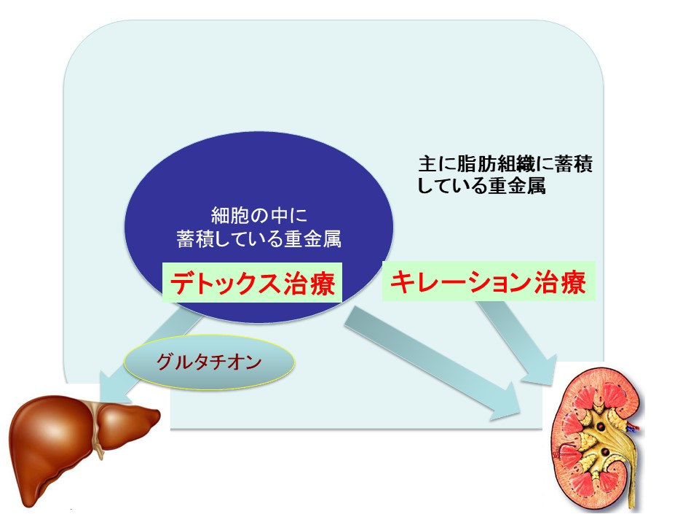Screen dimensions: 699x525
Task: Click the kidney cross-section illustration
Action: coord(597,439)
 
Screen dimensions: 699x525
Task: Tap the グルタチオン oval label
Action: coord(209,362)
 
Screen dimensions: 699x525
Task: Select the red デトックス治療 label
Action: coord(253,283)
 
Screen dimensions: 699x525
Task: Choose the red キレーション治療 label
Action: coord(489,281)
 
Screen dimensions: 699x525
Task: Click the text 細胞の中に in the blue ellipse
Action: coord(259,216)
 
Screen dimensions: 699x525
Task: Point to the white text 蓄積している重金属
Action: coord(259,239)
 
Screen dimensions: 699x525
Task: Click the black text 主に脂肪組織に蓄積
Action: coord(505,164)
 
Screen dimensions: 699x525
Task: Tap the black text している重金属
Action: coord(482,185)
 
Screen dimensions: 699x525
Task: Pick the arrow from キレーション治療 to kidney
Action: coord(518,341)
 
